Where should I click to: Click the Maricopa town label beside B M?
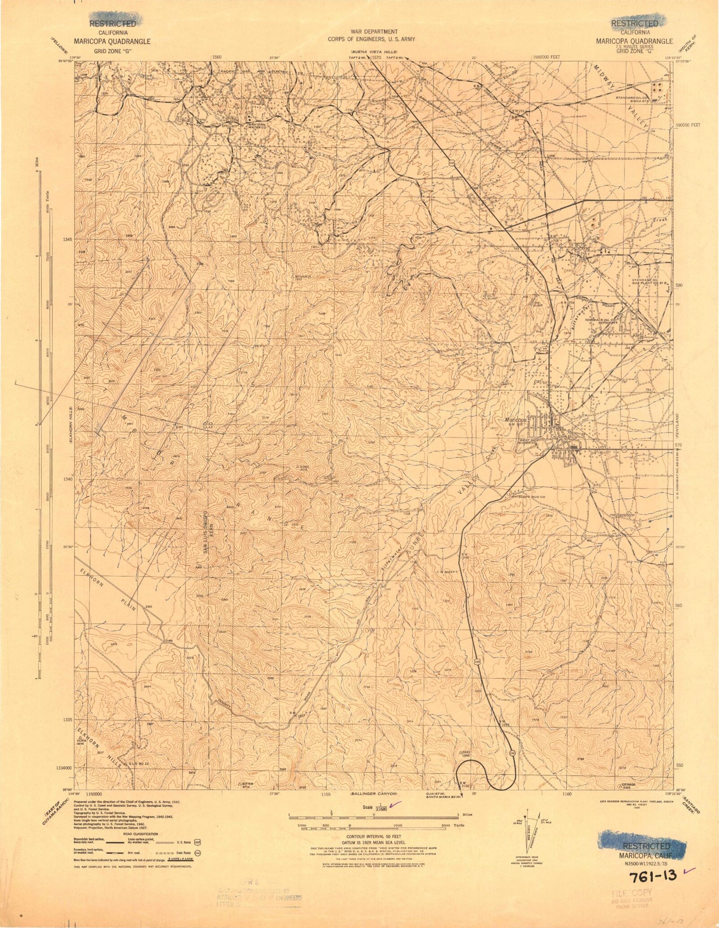[516, 419]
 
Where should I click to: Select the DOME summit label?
[304, 467]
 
